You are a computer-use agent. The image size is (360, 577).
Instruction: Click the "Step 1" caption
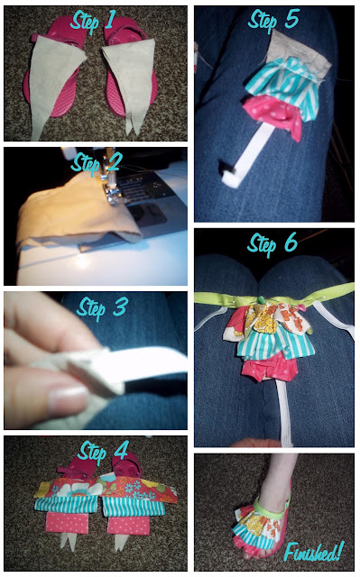(x=93, y=20)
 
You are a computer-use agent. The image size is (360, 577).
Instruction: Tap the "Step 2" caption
(x=97, y=162)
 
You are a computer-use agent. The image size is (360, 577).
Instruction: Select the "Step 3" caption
(x=103, y=308)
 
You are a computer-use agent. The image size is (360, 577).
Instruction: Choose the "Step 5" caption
(x=273, y=21)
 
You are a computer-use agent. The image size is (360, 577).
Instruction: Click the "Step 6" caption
(x=272, y=243)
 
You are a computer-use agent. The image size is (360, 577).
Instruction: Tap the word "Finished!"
(x=314, y=552)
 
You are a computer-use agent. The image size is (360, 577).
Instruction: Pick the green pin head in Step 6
(x=261, y=299)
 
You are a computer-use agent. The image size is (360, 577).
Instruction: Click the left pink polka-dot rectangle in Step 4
(x=67, y=523)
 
